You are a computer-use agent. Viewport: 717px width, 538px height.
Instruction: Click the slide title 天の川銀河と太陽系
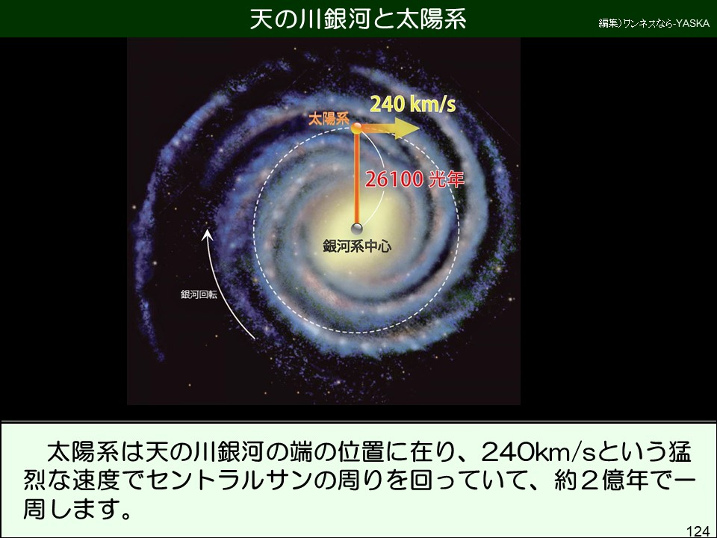point(358,19)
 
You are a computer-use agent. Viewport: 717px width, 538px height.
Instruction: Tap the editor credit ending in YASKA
point(654,23)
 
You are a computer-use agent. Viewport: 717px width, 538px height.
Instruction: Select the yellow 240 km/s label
point(413,105)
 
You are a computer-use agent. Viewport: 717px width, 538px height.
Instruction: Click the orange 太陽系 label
point(329,119)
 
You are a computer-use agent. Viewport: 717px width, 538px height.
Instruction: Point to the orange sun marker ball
point(357,128)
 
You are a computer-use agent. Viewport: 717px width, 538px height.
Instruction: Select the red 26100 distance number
point(394,179)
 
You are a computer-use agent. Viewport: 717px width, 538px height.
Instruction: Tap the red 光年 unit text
point(446,179)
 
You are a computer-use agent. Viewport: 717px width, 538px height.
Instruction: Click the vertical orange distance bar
point(357,179)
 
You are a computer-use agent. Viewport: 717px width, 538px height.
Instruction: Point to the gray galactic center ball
point(357,229)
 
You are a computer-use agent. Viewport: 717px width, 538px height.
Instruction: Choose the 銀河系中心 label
point(357,246)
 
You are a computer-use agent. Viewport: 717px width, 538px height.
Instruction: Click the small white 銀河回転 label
point(199,294)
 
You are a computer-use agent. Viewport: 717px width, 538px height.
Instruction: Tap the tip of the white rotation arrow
point(207,229)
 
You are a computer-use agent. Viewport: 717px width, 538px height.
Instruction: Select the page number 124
point(698,531)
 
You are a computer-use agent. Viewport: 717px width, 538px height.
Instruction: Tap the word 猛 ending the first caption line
point(680,451)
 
